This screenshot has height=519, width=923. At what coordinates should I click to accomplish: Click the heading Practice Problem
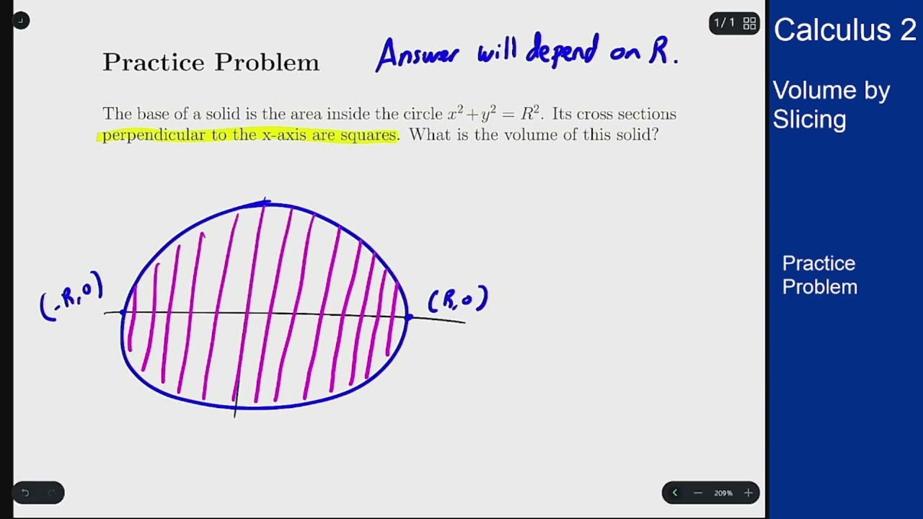click(211, 63)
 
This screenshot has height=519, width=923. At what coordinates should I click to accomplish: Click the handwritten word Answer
click(417, 54)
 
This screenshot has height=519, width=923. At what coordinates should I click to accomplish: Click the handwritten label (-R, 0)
click(71, 296)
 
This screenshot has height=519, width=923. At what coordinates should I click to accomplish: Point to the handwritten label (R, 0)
click(458, 299)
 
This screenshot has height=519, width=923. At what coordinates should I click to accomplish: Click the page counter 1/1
click(724, 23)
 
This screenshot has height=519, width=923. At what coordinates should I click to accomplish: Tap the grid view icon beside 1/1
click(749, 23)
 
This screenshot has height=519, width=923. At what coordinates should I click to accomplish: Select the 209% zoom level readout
click(723, 493)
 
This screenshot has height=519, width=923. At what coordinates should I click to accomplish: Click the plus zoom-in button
click(748, 493)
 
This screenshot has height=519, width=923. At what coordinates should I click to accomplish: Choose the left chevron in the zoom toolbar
click(675, 493)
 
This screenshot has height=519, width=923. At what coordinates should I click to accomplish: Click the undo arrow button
click(25, 493)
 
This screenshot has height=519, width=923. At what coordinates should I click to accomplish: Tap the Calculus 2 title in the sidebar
click(844, 30)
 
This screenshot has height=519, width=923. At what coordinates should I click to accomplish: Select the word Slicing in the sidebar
click(809, 119)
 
